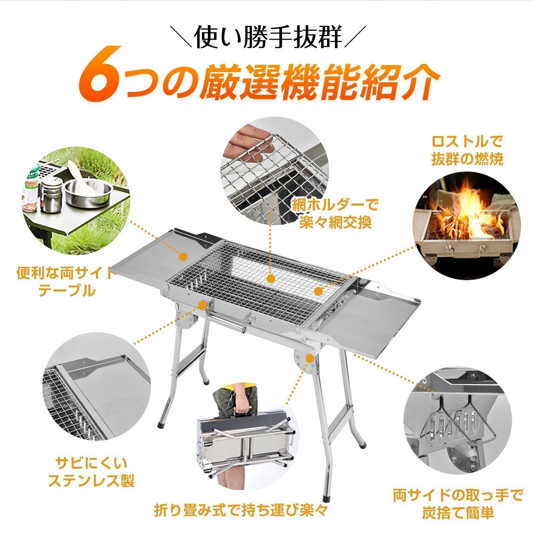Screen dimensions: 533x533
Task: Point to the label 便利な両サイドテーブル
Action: pos(65,282)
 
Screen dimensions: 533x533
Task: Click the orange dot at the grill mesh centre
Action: pos(271,279)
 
